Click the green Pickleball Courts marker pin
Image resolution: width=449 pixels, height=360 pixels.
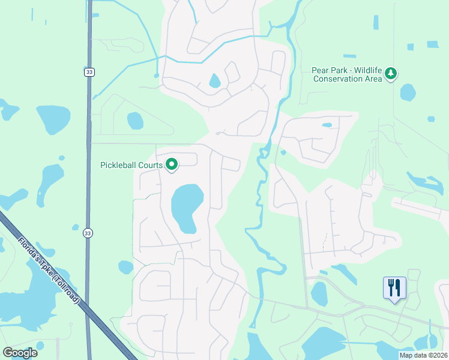pyautogui.click(x=171, y=164)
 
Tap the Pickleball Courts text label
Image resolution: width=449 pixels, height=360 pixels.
pyautogui.click(x=131, y=165)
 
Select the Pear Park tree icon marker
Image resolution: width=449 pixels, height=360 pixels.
pyautogui.click(x=391, y=73)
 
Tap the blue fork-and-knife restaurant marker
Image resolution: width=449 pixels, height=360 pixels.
pyautogui.click(x=394, y=288)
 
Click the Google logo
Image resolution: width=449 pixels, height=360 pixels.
pyautogui.click(x=20, y=353)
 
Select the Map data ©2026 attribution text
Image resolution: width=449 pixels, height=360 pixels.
pyautogui.click(x=423, y=355)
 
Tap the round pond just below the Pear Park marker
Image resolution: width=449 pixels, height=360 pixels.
pyautogui.click(x=408, y=92)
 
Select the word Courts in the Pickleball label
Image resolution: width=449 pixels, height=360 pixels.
pyautogui.click(x=150, y=165)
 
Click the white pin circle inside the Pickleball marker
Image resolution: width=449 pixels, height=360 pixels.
pyautogui.click(x=171, y=163)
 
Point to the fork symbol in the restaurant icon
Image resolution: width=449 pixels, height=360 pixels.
pyautogui.click(x=391, y=286)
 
